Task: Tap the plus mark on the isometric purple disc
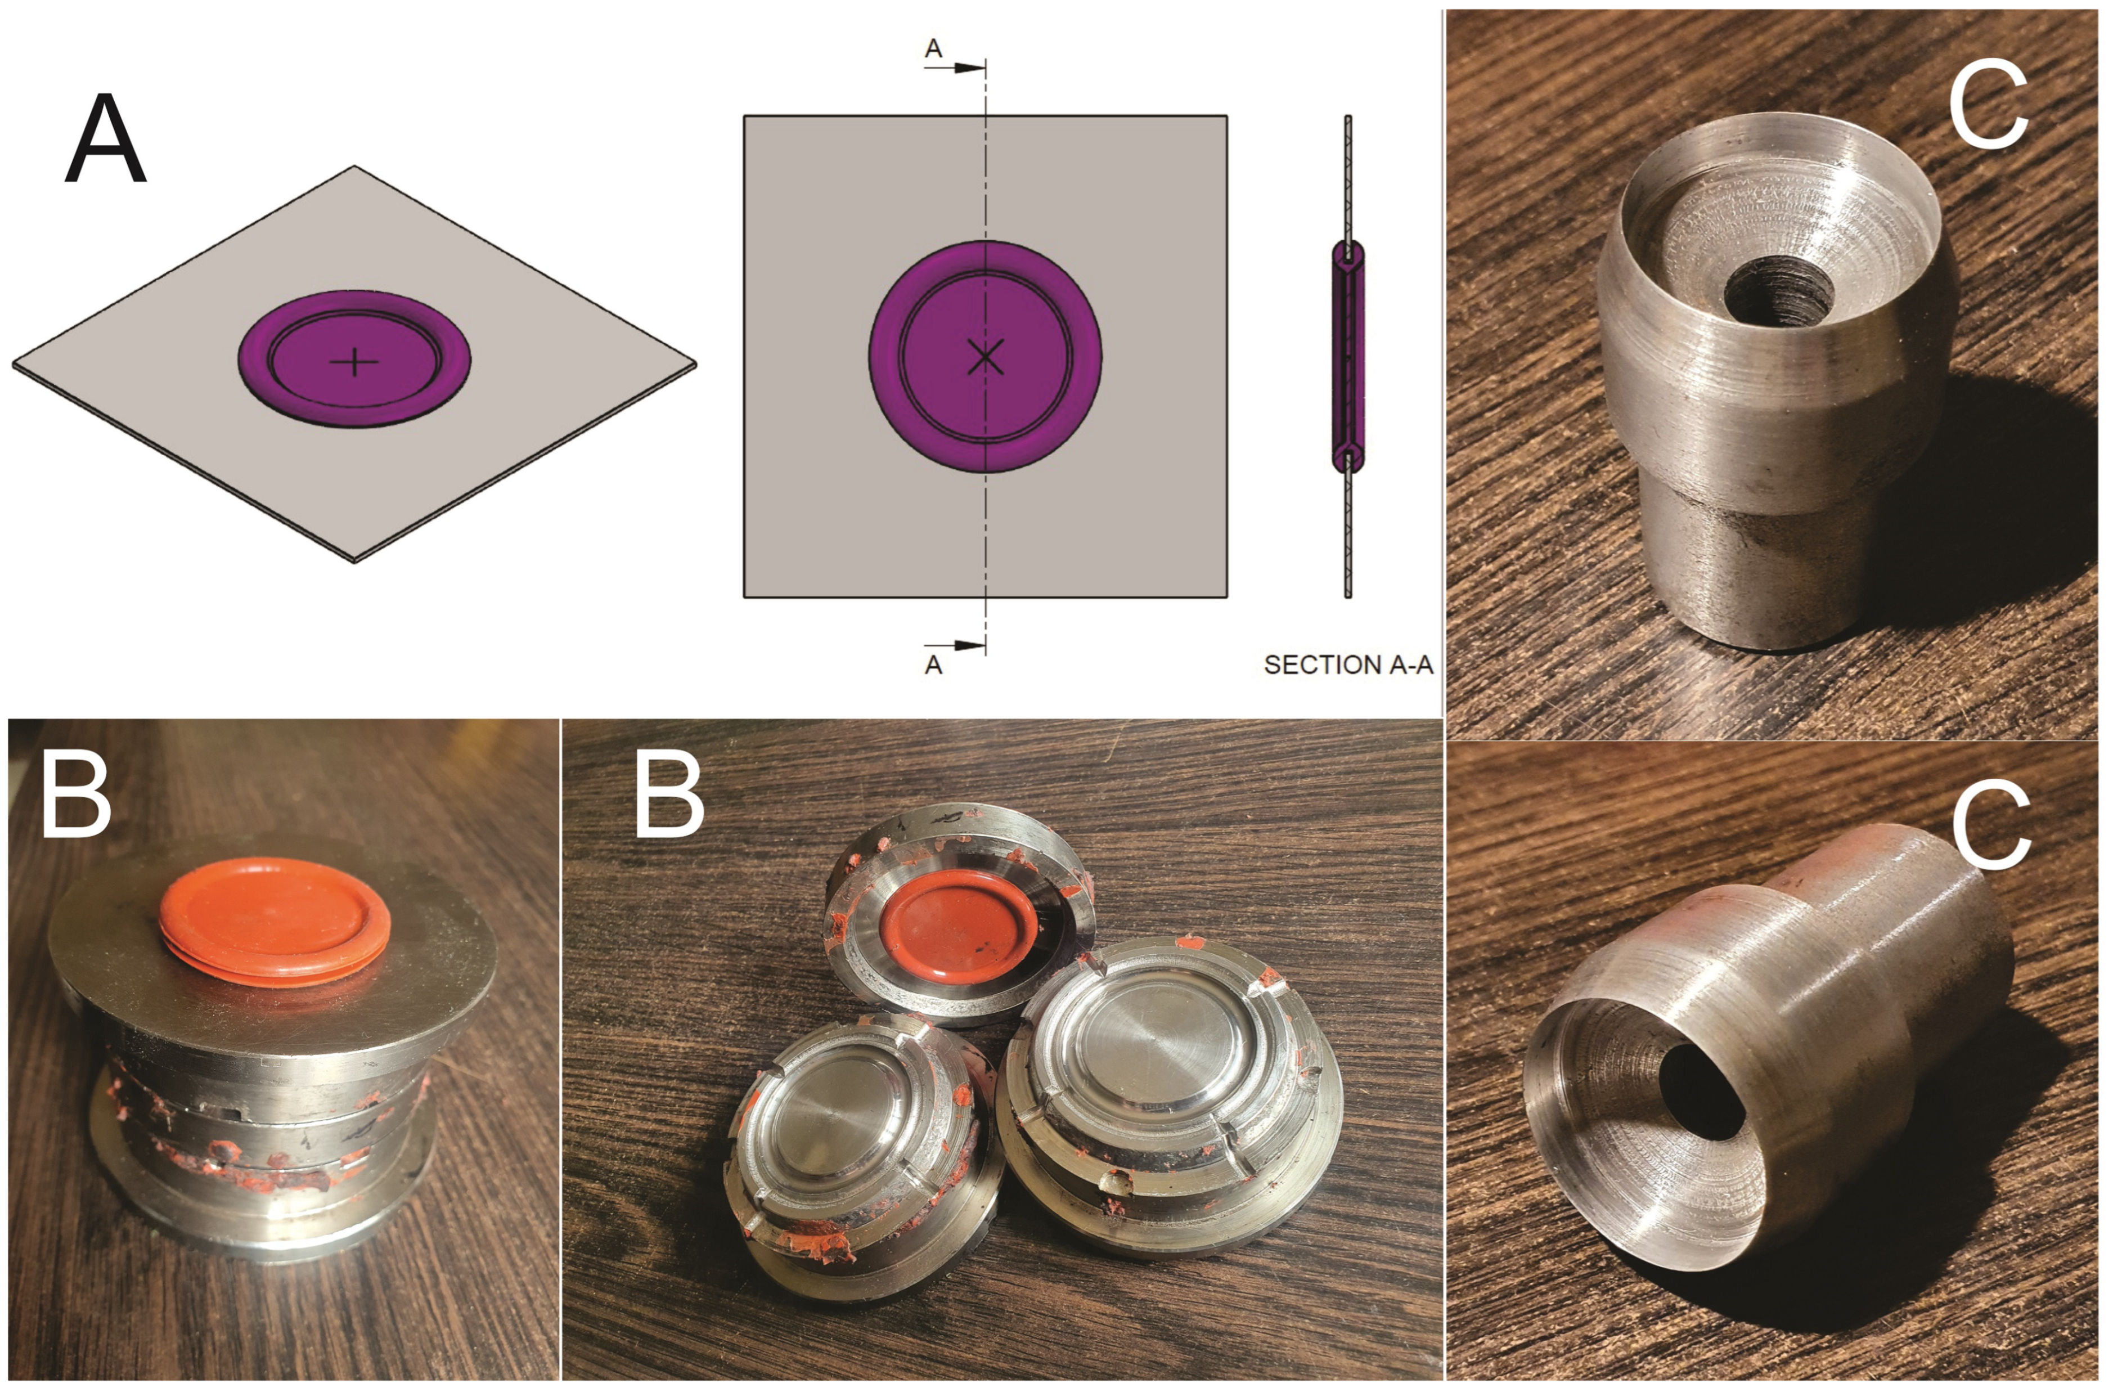[x=354, y=361]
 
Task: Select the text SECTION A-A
[x=1348, y=665]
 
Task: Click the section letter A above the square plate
[x=933, y=48]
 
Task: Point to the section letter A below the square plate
[x=933, y=665]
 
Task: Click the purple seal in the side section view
[x=1348, y=357]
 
